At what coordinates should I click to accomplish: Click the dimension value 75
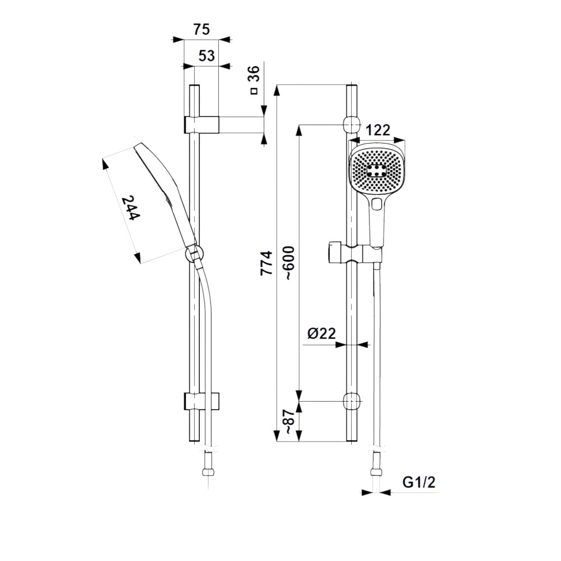tap(201, 29)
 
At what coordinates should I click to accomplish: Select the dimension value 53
tap(206, 56)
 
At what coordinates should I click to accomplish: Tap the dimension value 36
tap(254, 75)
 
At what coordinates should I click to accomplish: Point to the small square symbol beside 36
tap(254, 91)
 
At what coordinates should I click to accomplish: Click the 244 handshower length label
tap(130, 208)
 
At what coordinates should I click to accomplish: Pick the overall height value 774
tap(266, 263)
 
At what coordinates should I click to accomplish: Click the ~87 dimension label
tap(289, 422)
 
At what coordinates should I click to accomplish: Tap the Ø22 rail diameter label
tap(321, 333)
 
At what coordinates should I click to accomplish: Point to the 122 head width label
tap(378, 130)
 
